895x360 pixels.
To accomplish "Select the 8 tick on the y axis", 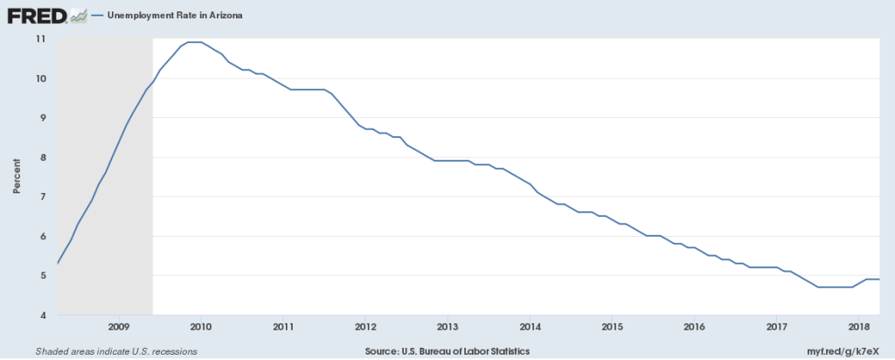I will point(42,157).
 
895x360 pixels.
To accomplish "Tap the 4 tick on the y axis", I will point(42,315).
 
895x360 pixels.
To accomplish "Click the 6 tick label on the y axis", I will point(42,237).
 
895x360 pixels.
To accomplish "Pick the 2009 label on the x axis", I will point(119,327).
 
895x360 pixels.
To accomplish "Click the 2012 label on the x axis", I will point(365,327).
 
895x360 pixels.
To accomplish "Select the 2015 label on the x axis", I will point(612,327).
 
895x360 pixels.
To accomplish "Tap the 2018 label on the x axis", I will point(858,327).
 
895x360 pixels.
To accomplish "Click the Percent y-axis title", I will point(17,177).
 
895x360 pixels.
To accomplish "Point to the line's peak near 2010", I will point(195,42).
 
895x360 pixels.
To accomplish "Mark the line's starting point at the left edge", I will point(58,263).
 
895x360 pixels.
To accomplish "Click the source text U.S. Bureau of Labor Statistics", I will point(447,350).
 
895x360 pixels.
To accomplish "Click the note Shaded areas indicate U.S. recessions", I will point(116,350).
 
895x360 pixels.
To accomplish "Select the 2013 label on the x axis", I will point(447,327).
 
